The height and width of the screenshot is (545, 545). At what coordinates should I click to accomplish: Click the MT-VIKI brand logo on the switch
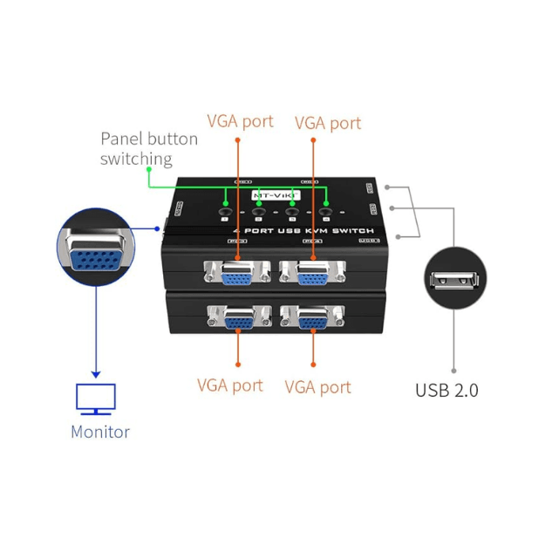click(276, 195)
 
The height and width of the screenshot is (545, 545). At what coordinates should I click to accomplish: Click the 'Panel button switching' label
click(148, 148)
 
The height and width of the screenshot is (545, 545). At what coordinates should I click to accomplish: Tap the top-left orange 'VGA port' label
click(240, 121)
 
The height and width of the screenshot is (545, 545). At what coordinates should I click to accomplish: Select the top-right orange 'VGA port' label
click(328, 123)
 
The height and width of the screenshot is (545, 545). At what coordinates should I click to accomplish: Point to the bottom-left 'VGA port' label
click(230, 385)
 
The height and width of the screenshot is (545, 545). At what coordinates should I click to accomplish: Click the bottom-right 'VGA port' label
click(318, 386)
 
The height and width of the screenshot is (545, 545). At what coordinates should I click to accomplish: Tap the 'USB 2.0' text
click(446, 390)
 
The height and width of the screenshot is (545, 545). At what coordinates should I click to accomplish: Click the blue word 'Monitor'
click(100, 432)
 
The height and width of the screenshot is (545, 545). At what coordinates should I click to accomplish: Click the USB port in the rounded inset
click(453, 282)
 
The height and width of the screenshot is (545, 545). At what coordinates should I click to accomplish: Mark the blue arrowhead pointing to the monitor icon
click(96, 372)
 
